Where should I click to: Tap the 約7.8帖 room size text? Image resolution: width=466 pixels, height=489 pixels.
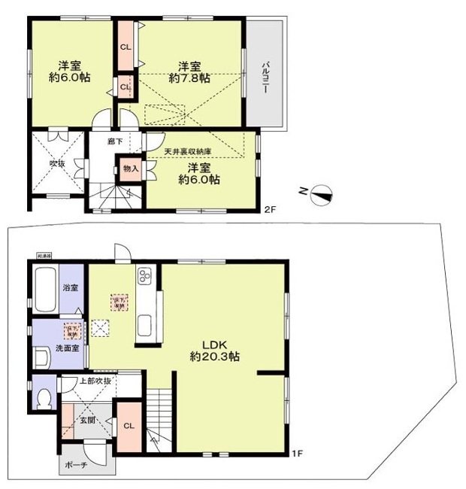click(189, 77)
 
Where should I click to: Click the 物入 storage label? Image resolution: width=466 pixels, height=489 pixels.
click(130, 169)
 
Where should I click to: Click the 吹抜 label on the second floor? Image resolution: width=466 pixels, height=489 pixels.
click(58, 162)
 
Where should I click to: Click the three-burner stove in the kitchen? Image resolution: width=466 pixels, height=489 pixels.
click(144, 279)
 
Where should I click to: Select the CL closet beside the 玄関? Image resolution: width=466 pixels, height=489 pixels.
click(128, 427)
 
